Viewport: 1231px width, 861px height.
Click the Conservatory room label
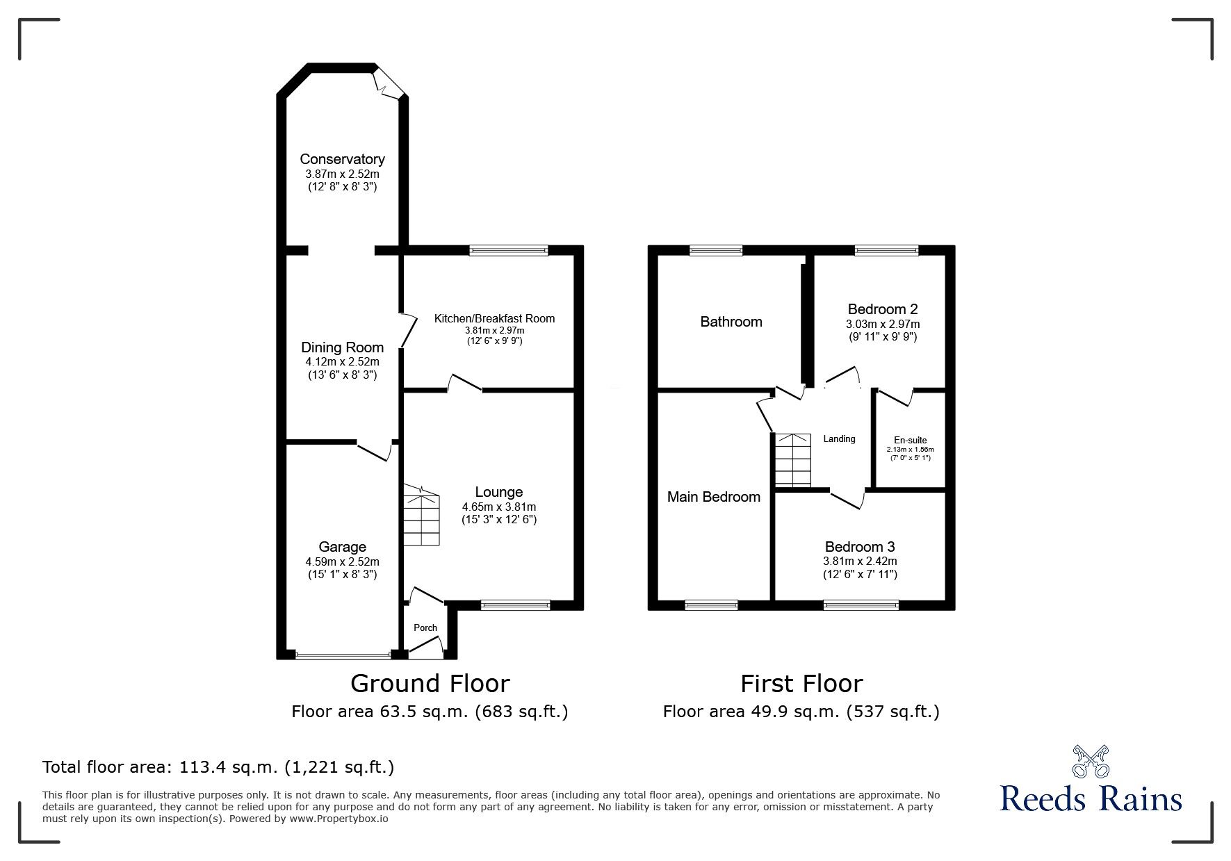[342, 159]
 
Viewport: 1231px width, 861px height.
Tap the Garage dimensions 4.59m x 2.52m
[342, 561]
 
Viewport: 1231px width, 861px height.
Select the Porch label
[425, 628]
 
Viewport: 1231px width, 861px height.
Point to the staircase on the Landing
[792, 460]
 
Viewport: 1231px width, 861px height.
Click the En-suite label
[910, 440]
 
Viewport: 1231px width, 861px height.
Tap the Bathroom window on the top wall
[716, 251]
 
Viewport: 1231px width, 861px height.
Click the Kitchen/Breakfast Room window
[508, 251]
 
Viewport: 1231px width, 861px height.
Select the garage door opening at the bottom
[343, 654]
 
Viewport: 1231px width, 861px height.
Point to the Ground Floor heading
[430, 684]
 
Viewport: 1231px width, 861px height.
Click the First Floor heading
[801, 684]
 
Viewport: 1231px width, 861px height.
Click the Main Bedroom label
[713, 497]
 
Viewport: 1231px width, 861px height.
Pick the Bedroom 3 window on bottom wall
[861, 605]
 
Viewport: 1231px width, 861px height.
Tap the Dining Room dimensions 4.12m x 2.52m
[342, 361]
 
